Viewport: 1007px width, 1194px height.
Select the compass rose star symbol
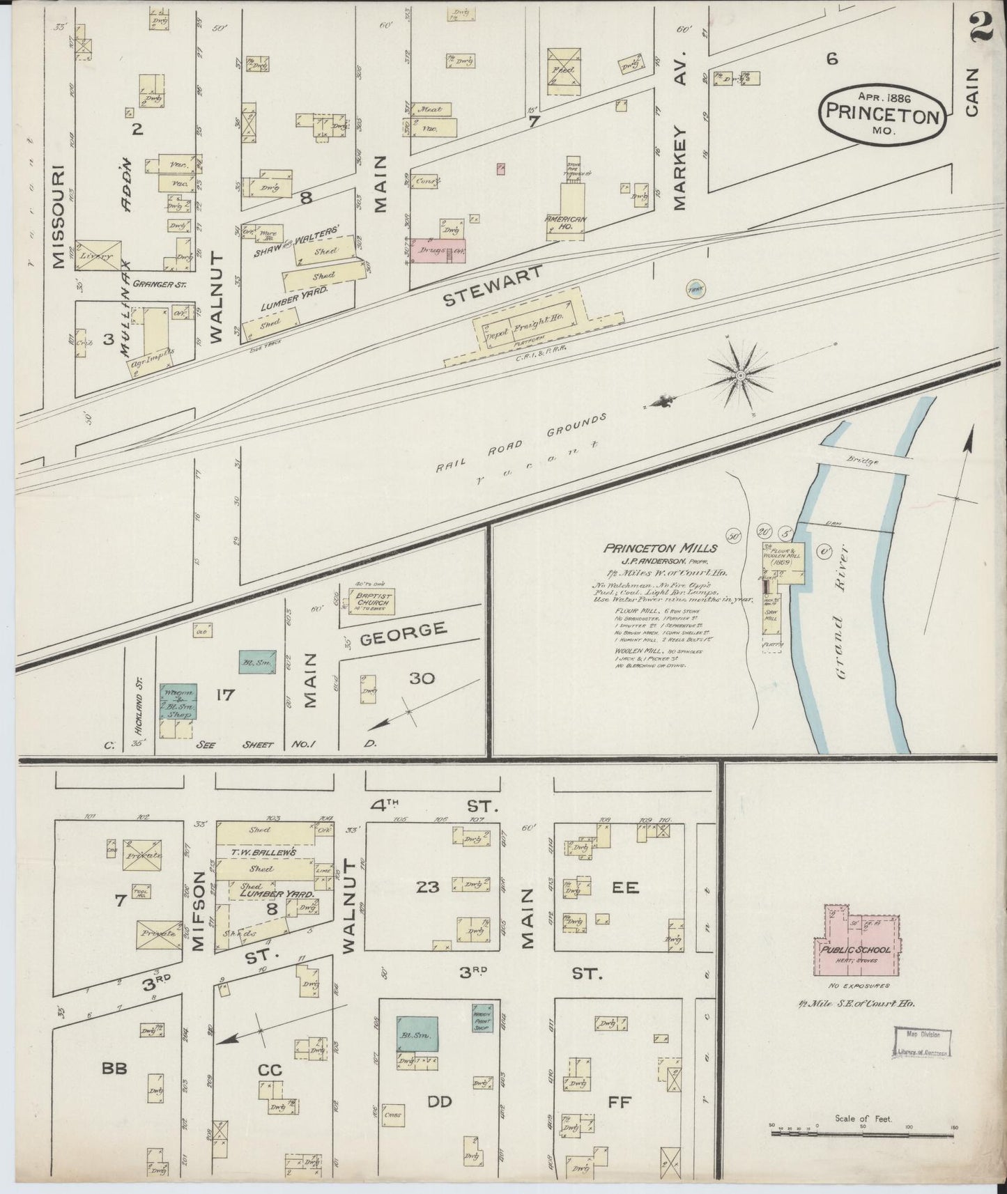click(740, 376)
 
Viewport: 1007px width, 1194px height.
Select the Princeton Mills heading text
click(650, 548)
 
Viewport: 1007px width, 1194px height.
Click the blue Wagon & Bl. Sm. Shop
click(178, 701)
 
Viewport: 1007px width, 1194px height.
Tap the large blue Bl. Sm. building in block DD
click(418, 1033)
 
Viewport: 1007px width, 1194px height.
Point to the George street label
click(403, 633)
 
